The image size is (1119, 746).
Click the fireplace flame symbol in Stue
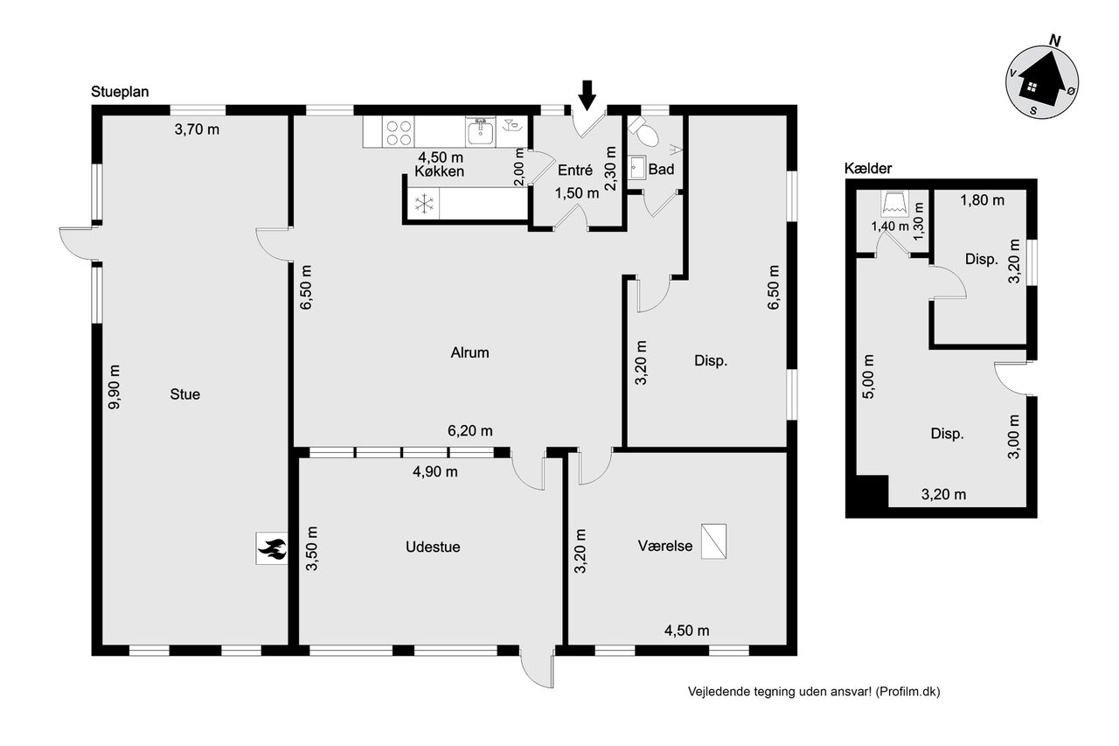click(x=272, y=548)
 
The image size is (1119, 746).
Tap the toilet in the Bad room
click(x=644, y=130)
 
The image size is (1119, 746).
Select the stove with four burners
click(x=398, y=132)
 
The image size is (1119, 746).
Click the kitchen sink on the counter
click(x=480, y=131)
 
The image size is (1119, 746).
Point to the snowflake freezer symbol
click(x=424, y=204)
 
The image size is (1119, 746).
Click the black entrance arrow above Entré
click(x=587, y=95)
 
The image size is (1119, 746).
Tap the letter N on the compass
click(x=1054, y=41)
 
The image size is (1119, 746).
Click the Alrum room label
click(x=469, y=352)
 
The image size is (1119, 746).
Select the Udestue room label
click(x=433, y=547)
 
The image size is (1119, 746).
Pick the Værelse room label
click(x=665, y=546)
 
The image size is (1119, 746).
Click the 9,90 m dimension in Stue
click(x=114, y=387)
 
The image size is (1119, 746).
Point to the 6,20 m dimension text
click(x=469, y=430)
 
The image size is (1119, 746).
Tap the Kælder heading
click(x=868, y=169)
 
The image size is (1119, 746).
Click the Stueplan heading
click(x=120, y=92)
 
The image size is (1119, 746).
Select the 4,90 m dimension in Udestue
click(x=434, y=471)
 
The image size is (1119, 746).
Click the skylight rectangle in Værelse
click(x=713, y=541)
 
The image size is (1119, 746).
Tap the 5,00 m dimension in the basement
click(x=869, y=376)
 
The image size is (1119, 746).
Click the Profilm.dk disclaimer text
click(x=814, y=692)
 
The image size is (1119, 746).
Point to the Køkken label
click(x=439, y=171)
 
